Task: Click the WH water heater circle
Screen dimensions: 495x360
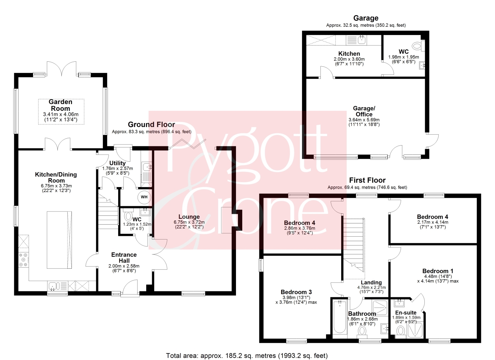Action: [144, 197]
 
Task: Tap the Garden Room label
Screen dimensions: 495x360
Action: [60, 105]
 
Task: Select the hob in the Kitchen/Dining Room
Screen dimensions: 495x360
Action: [24, 260]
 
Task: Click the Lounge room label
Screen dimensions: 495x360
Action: [189, 217]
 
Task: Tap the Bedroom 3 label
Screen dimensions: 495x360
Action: [296, 292]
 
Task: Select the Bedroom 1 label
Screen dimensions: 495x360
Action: [438, 271]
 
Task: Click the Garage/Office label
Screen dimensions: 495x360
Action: [364, 112]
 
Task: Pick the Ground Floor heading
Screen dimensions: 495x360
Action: [151, 125]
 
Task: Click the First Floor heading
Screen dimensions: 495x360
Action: [367, 180]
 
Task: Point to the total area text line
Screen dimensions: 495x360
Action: [247, 356]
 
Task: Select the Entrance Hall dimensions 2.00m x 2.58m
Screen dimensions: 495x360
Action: [124, 266]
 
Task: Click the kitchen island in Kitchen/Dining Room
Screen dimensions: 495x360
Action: [59, 240]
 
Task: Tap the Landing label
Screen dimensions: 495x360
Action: [371, 282]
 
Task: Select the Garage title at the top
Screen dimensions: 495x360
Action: [366, 18]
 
